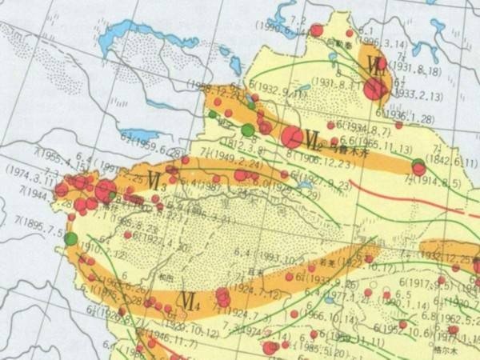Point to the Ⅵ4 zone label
point(190,302)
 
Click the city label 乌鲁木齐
point(346,150)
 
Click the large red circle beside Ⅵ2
point(292,138)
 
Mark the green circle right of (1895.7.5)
point(71,238)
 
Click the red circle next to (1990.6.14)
point(316,30)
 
